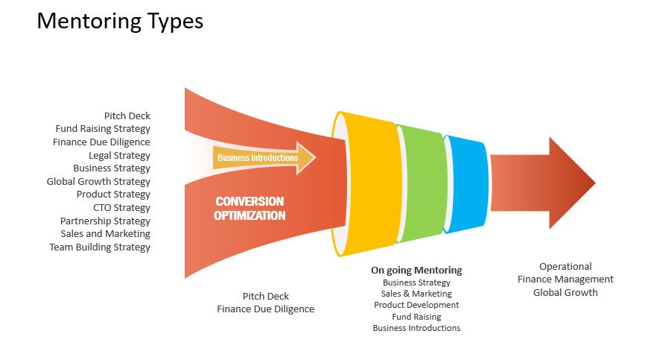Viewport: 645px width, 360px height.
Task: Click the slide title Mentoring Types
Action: coord(120,22)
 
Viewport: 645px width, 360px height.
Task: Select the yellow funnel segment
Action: coord(366,184)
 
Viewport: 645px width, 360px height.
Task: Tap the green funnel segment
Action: coord(422,183)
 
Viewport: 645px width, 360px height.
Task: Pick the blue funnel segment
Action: coord(466,184)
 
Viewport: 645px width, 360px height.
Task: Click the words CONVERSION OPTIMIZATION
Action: coord(250,208)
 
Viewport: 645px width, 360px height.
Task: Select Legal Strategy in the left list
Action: coord(119,155)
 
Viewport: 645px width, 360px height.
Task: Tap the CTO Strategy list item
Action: coord(121,207)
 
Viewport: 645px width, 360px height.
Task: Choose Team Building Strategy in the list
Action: coord(100,247)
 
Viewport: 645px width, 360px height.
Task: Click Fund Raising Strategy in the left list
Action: coord(103,129)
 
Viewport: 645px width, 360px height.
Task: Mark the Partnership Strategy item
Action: coord(105,221)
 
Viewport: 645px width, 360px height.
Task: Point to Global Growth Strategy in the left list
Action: coord(98,181)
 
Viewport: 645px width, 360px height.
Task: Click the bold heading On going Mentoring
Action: coord(416,271)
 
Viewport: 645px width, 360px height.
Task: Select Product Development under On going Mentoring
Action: coord(416,305)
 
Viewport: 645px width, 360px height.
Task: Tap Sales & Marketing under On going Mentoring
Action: coord(416,294)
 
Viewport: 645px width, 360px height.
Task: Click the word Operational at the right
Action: coord(565,267)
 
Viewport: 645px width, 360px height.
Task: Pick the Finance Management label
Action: coord(565,280)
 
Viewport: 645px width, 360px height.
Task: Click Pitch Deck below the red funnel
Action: coord(266,296)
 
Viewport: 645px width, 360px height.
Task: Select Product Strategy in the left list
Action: coord(113,195)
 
